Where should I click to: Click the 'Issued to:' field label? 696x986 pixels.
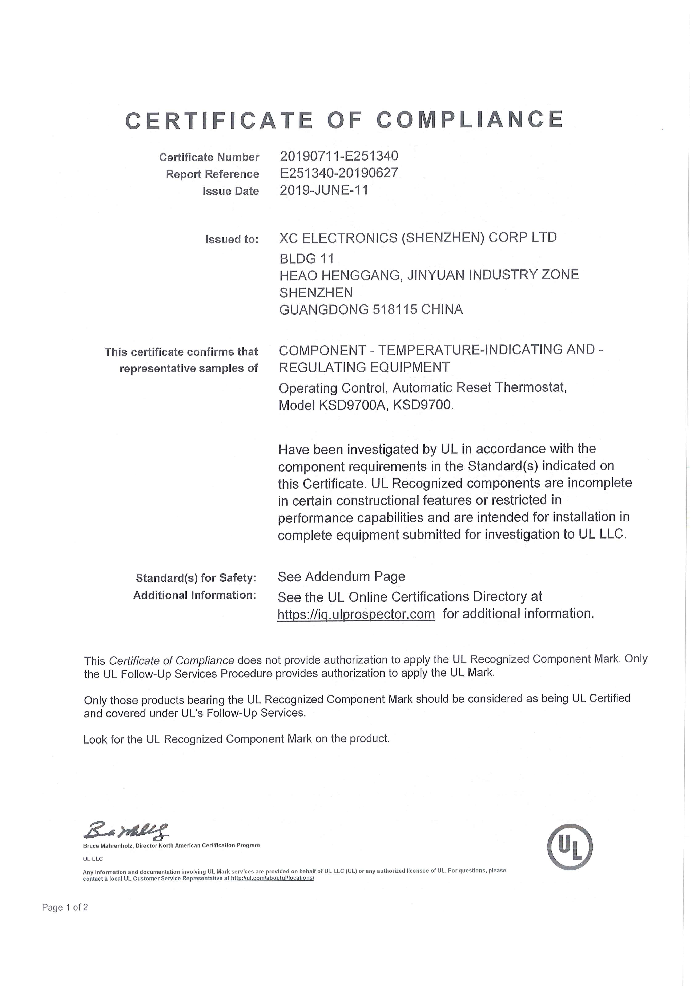tap(232, 239)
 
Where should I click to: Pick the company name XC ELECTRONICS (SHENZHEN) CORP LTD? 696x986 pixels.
tap(418, 237)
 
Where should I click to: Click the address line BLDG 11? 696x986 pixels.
tap(306, 259)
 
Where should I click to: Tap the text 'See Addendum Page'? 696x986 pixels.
tap(341, 576)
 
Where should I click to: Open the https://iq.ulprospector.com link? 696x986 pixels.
tap(356, 614)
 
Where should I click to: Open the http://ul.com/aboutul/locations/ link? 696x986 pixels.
tap(273, 878)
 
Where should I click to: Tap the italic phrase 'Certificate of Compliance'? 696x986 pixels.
tap(171, 660)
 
